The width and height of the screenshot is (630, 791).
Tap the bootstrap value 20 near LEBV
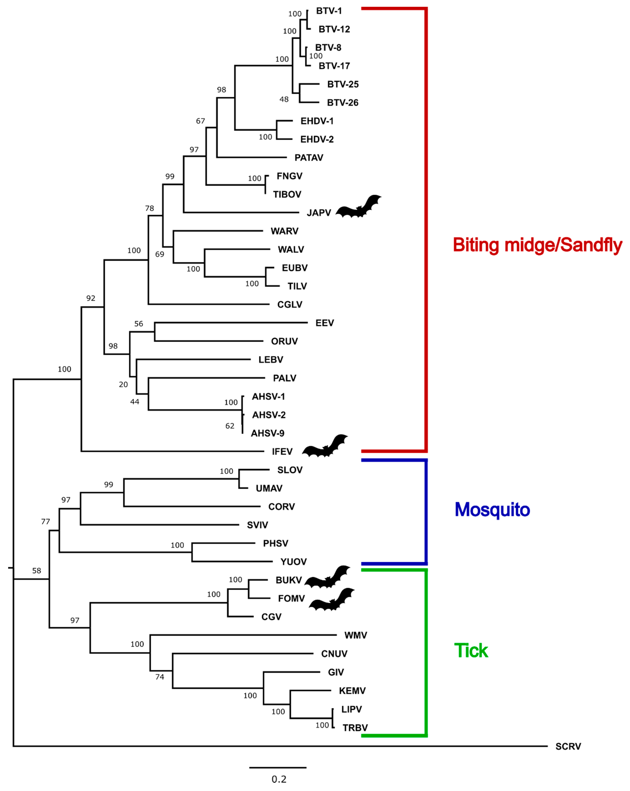pyautogui.click(x=123, y=385)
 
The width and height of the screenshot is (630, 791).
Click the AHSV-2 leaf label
pyautogui.click(x=269, y=415)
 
